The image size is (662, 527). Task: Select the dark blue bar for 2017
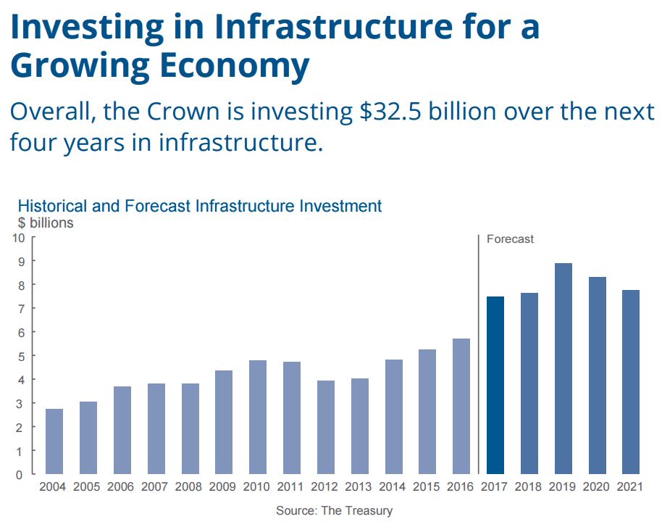coord(495,385)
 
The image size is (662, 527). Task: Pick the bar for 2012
coord(326,427)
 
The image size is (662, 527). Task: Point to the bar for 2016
coord(461,406)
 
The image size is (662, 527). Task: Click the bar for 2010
coord(258,417)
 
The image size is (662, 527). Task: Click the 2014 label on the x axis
coord(394,487)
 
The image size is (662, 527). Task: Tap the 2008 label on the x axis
coord(190,487)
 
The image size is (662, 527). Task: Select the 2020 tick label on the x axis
coord(598,487)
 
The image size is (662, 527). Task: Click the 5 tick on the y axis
coord(21,356)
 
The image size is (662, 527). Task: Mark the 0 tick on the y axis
coord(21,474)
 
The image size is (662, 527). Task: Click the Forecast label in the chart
coord(510,238)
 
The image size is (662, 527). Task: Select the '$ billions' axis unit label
coord(46,223)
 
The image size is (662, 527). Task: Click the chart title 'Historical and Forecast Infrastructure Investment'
coord(199,206)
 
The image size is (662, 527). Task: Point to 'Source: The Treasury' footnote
coord(334,510)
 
